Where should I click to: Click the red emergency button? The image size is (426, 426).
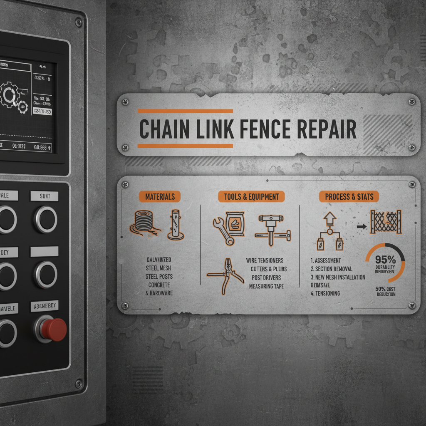54,329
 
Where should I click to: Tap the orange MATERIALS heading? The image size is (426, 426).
160,196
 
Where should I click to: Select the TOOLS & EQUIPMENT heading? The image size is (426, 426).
251,196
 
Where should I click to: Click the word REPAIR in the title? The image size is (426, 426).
329,129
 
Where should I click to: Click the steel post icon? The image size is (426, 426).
176,225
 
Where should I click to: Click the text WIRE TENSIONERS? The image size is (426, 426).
265,260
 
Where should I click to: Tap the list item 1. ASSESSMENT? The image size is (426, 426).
326,260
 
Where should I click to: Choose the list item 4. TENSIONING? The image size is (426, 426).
325,293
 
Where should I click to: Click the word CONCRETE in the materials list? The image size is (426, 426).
159,285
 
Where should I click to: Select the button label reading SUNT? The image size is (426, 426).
45,196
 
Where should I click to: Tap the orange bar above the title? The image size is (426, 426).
185,111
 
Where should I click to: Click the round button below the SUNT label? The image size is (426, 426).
45,219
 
